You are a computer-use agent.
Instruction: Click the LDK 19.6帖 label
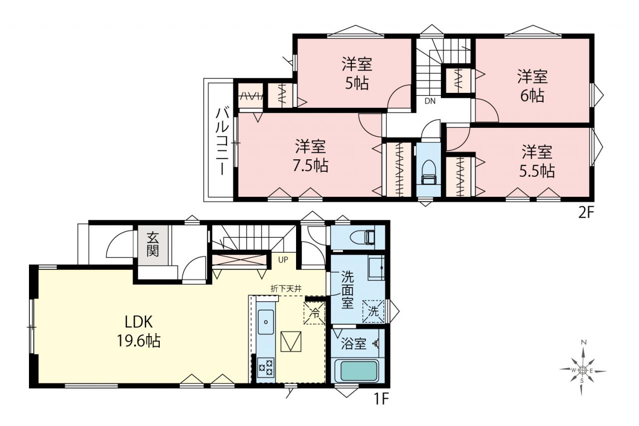(x=139, y=331)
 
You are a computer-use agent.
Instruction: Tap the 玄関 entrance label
(x=153, y=245)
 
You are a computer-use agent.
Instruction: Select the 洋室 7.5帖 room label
(x=311, y=156)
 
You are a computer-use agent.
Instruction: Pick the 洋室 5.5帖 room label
(x=537, y=161)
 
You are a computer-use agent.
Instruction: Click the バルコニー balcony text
(x=222, y=141)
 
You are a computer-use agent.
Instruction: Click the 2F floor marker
(x=586, y=213)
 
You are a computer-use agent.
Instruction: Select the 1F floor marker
(x=381, y=400)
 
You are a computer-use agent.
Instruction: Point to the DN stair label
(x=430, y=101)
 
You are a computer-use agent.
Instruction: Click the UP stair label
(x=283, y=260)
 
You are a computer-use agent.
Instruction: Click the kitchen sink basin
(x=266, y=322)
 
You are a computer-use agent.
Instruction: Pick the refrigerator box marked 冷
(x=315, y=313)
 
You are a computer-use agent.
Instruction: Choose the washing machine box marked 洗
(x=373, y=311)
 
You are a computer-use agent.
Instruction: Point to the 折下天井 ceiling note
(x=286, y=289)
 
